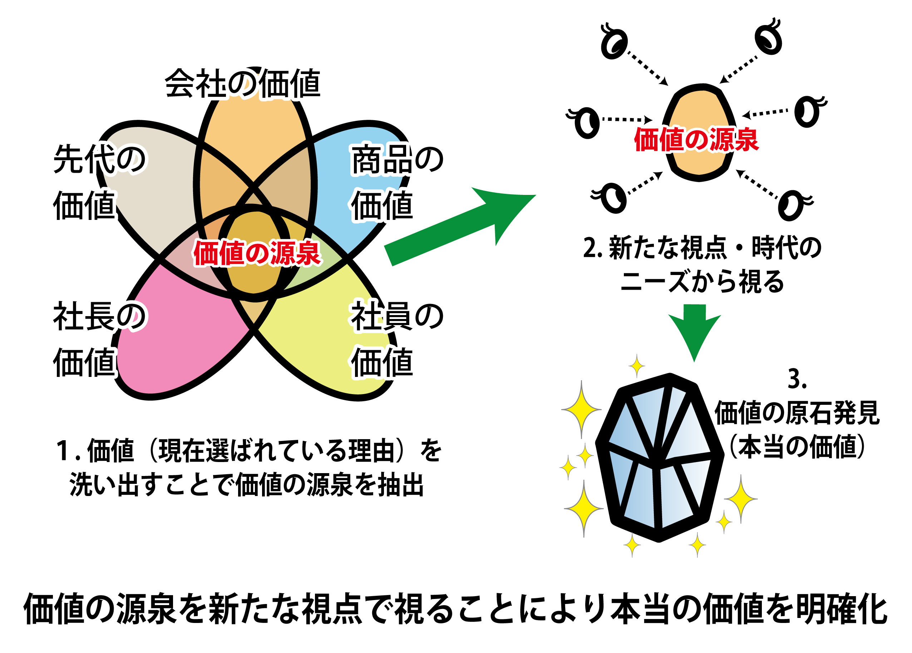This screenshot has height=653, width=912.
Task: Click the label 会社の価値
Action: tap(242, 83)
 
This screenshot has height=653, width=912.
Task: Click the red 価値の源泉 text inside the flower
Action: tap(257, 253)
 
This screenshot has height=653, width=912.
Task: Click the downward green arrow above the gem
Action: tap(695, 332)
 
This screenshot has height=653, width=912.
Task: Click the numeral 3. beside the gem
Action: tap(797, 379)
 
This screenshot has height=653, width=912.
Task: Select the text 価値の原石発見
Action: tap(797, 413)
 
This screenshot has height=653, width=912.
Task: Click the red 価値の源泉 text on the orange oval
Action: tap(696, 139)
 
